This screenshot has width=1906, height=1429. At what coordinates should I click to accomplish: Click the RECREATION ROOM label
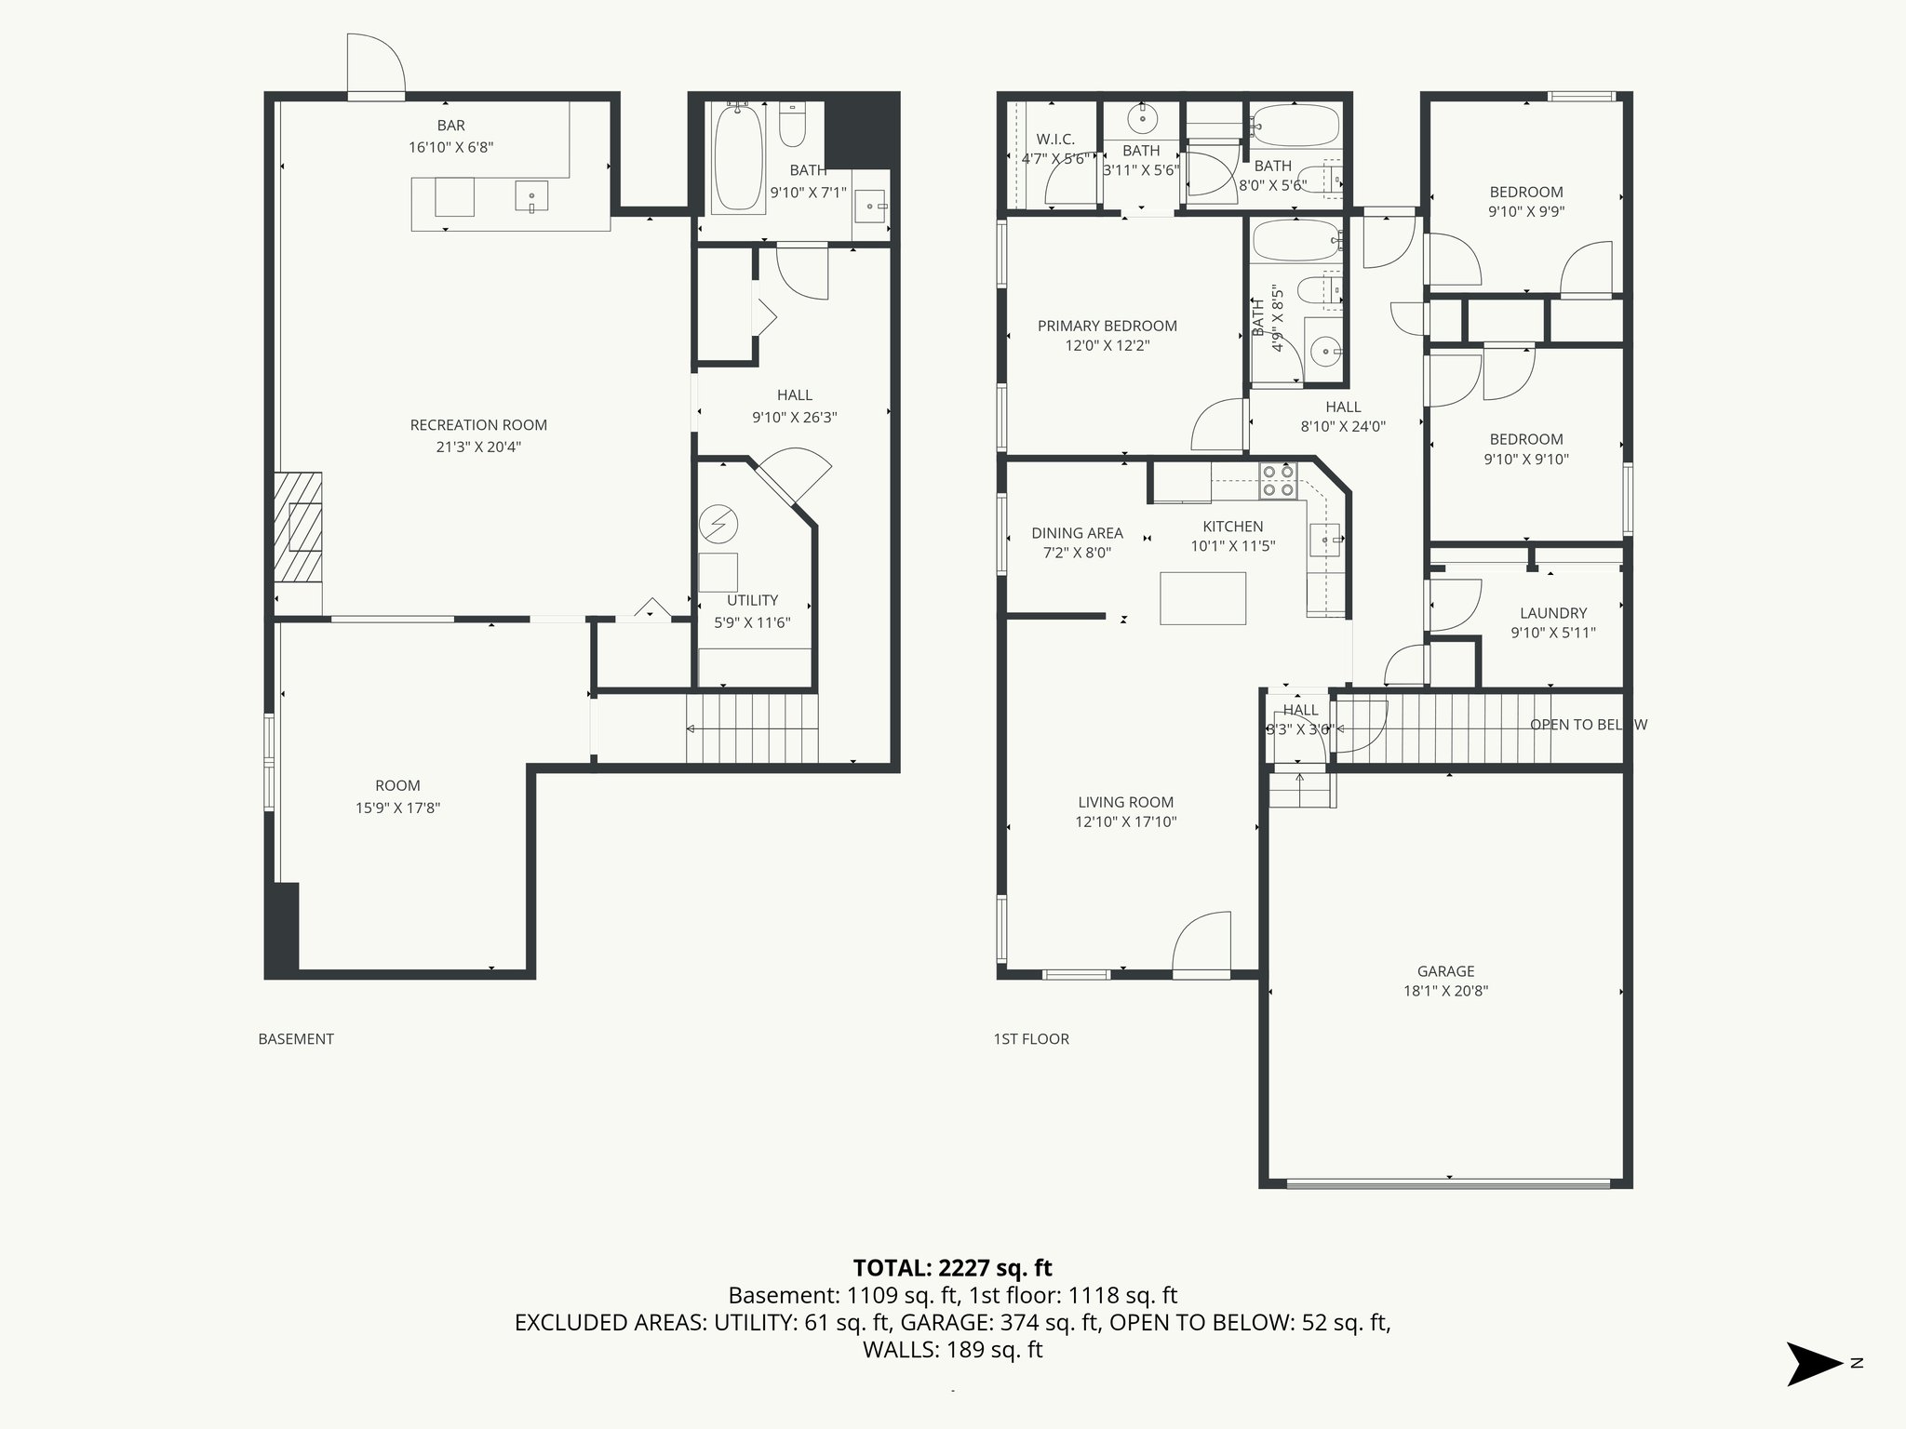478,425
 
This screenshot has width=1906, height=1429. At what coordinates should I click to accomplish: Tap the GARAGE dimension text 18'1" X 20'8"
1445,991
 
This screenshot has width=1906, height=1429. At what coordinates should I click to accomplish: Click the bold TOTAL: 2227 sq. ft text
952,1267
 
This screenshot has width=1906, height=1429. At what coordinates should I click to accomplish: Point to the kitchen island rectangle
1202,597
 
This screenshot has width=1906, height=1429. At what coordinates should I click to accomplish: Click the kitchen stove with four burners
1277,480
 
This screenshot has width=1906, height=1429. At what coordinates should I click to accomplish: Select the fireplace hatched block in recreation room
298,528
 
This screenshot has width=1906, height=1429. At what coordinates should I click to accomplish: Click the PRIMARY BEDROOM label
1107,326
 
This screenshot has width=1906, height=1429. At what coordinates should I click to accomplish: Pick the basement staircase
752,728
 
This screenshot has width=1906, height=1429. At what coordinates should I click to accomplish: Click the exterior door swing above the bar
376,65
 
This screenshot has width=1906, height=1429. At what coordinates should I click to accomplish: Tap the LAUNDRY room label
1552,613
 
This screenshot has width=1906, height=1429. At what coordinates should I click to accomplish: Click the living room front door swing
1202,943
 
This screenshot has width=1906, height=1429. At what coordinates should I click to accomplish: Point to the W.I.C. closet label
1054,140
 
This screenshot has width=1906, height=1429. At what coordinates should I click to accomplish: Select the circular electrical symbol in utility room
718,526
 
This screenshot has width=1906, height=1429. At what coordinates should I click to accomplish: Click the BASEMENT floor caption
296,1039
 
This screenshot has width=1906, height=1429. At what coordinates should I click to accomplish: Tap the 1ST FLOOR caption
1031,1039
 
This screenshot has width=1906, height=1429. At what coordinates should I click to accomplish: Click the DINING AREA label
1077,533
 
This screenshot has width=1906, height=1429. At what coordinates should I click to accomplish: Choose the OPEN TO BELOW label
1588,725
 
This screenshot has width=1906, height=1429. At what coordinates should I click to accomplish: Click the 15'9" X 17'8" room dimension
397,808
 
